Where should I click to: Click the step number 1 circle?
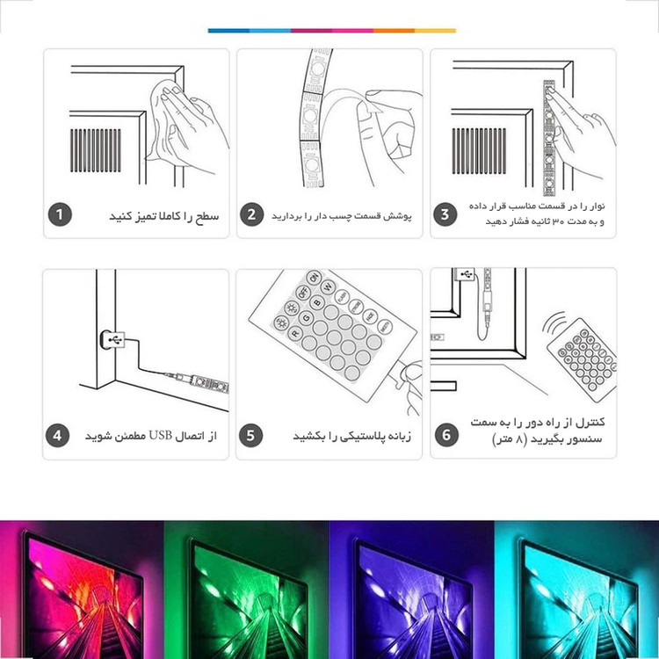[60, 214]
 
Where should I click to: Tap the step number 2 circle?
[251, 214]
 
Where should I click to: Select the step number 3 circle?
[445, 214]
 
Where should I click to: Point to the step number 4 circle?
[57, 436]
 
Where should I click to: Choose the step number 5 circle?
[250, 436]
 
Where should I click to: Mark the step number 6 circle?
[446, 435]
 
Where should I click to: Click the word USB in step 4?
[161, 436]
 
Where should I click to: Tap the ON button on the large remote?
[314, 278]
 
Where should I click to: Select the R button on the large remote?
[295, 334]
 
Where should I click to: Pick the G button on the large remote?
[306, 318]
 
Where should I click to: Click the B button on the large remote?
[317, 302]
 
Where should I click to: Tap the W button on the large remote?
[328, 287]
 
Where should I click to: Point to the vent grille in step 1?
[96, 150]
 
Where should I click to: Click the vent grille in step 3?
[479, 150]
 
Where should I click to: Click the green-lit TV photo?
[246, 590]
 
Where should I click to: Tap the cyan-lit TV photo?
[576, 590]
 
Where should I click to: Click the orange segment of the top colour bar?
[395, 31]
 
